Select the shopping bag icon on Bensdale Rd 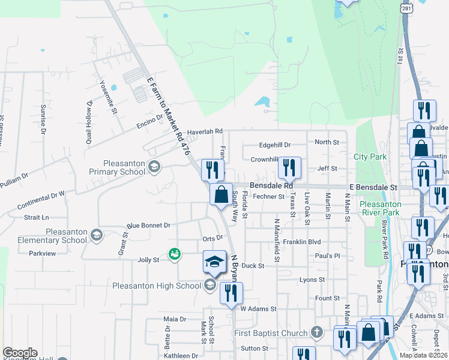[x=221, y=194]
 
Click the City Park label [x=370, y=157]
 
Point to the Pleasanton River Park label [x=380, y=208]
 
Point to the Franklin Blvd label [x=303, y=242]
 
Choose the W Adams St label [x=258, y=309]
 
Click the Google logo [x=20, y=353]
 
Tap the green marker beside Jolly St [x=174, y=255]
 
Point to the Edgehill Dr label [x=274, y=145]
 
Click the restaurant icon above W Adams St [x=231, y=293]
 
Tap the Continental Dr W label [x=41, y=200]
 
